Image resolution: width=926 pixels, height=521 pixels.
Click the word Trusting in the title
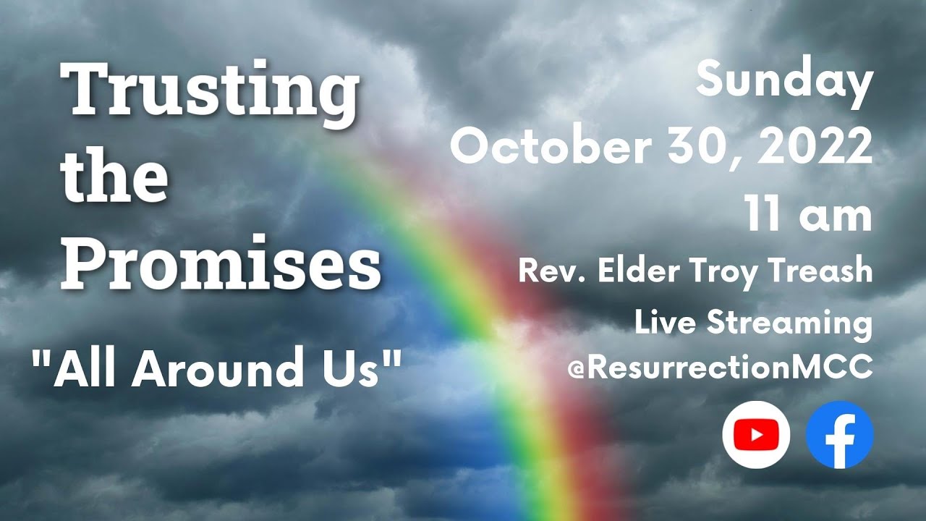tap(213, 94)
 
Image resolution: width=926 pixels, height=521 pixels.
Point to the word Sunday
tap(784, 81)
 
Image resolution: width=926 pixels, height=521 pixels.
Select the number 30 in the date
tap(714, 148)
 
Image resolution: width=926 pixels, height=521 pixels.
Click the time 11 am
tap(809, 215)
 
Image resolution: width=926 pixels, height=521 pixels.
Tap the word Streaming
tap(789, 323)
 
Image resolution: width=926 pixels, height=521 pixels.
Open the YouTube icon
tap(756, 435)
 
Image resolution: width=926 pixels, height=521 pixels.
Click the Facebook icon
tap(840, 435)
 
